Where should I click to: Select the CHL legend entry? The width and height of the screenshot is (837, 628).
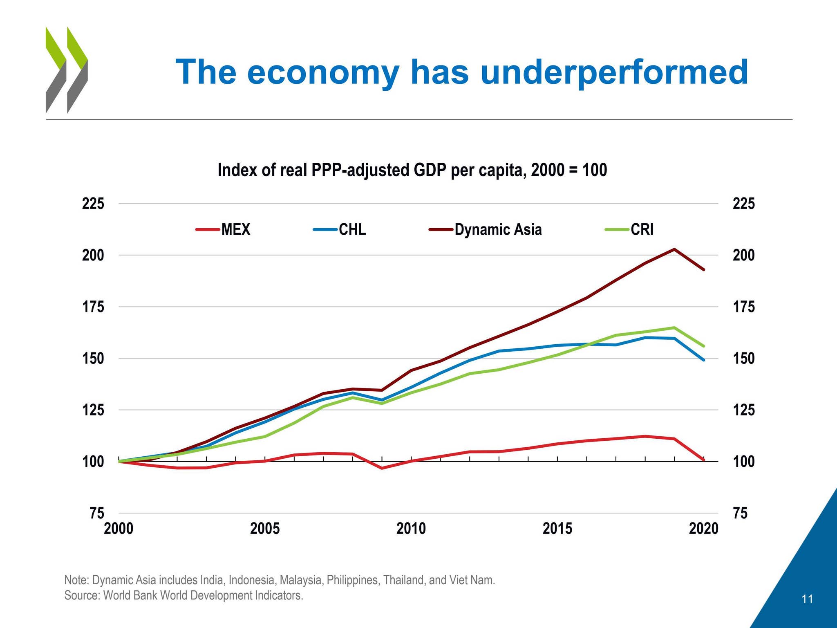point(340,229)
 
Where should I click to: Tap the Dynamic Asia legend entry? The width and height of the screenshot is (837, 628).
point(486,229)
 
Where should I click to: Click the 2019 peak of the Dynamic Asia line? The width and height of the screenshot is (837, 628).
point(674,249)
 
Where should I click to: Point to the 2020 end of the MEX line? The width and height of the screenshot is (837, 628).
point(703,460)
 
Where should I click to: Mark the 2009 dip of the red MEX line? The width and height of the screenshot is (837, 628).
point(382,468)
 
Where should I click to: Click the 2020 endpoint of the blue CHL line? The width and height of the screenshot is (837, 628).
point(703,360)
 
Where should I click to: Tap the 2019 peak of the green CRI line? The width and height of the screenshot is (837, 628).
point(674,327)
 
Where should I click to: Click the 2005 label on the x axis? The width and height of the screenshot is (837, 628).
point(265,529)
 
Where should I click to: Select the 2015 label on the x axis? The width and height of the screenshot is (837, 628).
point(557,529)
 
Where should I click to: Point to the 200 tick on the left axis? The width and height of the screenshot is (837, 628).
point(93,256)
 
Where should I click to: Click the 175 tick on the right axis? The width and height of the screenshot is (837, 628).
point(743,307)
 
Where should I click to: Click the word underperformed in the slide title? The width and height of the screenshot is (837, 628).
point(614,72)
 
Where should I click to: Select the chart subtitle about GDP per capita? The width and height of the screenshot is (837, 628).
point(412,170)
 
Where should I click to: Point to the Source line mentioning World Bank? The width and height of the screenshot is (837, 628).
point(184,595)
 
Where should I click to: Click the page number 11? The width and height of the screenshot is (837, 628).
point(807,599)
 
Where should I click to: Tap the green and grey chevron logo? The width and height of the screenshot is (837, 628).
point(66,70)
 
